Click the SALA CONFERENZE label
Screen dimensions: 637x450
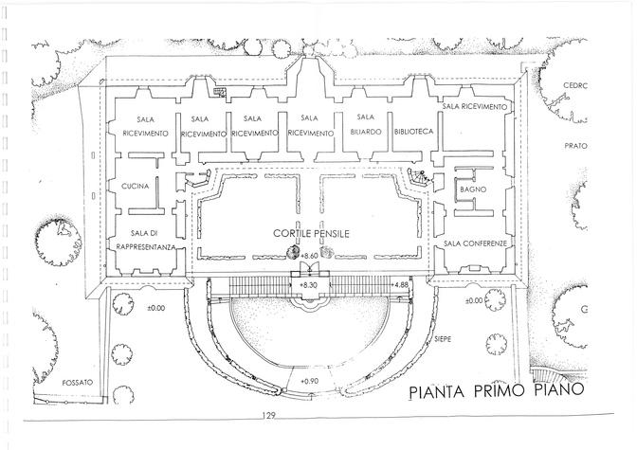click(478, 243)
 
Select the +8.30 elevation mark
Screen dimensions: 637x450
click(308, 284)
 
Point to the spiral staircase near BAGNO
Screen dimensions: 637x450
click(419, 178)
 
